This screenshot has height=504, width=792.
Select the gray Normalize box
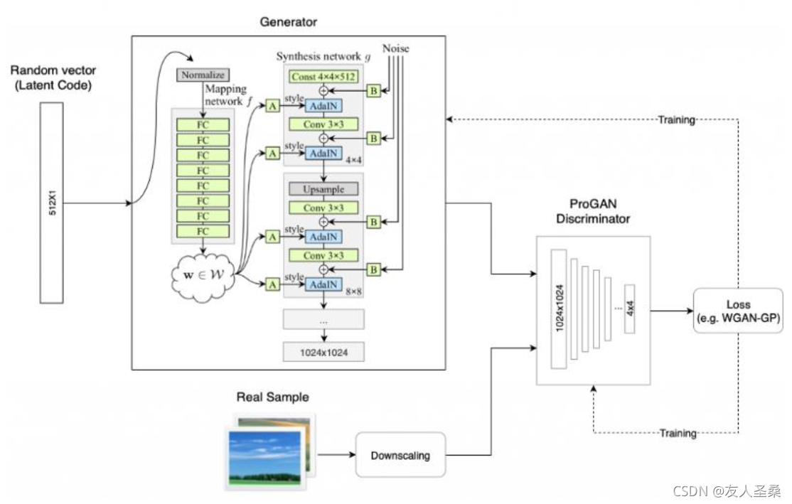[x=202, y=75]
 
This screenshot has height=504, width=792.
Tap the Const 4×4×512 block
[x=323, y=75]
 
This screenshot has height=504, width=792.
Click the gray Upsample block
[x=323, y=190]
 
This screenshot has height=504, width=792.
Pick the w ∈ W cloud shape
[x=203, y=276]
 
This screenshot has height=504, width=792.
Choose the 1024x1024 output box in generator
[x=323, y=350]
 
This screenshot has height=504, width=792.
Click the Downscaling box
[x=400, y=454]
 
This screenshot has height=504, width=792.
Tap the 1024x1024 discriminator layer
[x=558, y=309]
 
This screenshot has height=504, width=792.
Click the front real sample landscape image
[x=265, y=458]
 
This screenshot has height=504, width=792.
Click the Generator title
[x=289, y=22]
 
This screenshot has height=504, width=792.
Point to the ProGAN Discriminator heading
[x=594, y=212]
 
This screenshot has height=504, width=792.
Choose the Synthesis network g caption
[x=323, y=57]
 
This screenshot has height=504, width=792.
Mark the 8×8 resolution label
[x=350, y=291]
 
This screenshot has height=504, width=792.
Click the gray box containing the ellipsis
[x=323, y=320]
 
